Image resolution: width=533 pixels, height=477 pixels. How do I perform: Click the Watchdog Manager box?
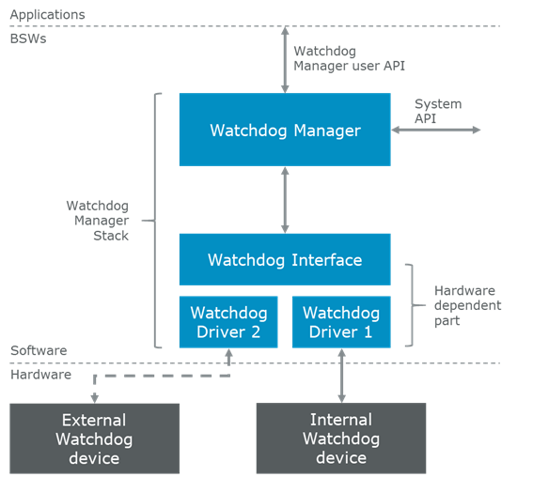pyautogui.click(x=285, y=130)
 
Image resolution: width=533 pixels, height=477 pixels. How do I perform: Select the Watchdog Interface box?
pyautogui.click(x=285, y=259)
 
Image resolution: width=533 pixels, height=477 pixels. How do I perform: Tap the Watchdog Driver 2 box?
pyautogui.click(x=228, y=322)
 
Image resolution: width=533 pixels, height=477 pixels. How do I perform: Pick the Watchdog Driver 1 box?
pyautogui.click(x=340, y=322)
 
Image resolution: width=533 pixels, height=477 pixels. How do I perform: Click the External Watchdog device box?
pyautogui.click(x=94, y=439)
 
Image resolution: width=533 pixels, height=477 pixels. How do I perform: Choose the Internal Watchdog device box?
pyautogui.click(x=340, y=439)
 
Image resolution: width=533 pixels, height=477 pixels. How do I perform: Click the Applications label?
pyautogui.click(x=47, y=15)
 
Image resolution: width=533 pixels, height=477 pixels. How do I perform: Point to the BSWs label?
pyautogui.click(x=28, y=39)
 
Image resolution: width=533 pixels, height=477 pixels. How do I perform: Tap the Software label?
pyautogui.click(x=39, y=350)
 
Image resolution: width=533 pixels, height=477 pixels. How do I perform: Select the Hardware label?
pyautogui.click(x=40, y=374)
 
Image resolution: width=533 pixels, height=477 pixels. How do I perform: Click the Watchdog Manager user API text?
pyautogui.click(x=349, y=58)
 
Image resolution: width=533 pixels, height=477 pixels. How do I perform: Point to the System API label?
pyautogui.click(x=438, y=111)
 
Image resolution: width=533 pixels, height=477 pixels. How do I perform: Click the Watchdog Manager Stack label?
pyautogui.click(x=98, y=220)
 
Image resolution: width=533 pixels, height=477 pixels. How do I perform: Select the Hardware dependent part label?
pyautogui.click(x=467, y=305)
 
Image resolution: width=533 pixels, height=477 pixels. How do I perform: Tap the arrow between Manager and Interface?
pyautogui.click(x=285, y=199)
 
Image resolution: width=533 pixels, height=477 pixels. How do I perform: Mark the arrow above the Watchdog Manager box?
pyautogui.click(x=285, y=60)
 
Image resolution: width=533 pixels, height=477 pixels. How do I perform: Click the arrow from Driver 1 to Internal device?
pyautogui.click(x=340, y=376)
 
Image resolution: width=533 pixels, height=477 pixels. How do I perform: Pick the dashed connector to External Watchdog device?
pyautogui.click(x=160, y=376)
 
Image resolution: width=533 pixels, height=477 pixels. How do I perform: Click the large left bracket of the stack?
pyautogui.click(x=156, y=220)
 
